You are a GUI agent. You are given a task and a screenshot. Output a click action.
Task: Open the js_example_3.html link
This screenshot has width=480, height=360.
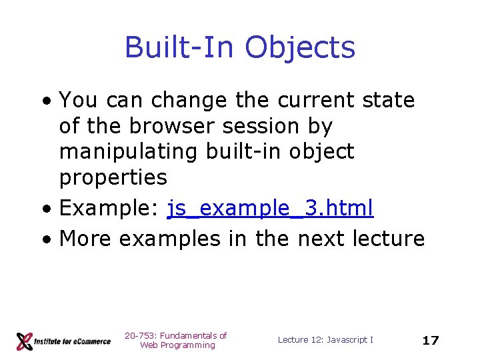(270, 209)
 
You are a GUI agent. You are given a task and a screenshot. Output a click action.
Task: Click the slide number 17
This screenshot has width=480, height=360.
(431, 341)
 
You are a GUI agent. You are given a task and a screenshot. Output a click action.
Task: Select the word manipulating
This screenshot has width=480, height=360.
(127, 152)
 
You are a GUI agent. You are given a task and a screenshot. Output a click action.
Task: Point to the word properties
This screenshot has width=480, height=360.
(113, 177)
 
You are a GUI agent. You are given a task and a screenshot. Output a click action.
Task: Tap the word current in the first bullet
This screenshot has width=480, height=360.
(315, 101)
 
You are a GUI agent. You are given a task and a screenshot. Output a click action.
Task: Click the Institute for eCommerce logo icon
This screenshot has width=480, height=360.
(25, 341)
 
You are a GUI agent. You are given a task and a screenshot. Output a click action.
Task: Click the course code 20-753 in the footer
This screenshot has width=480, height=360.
(139, 336)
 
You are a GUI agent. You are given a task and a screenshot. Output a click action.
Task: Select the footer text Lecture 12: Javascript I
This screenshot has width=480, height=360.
(325, 340)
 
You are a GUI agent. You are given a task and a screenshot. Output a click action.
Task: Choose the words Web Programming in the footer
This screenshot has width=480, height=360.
(177, 345)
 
